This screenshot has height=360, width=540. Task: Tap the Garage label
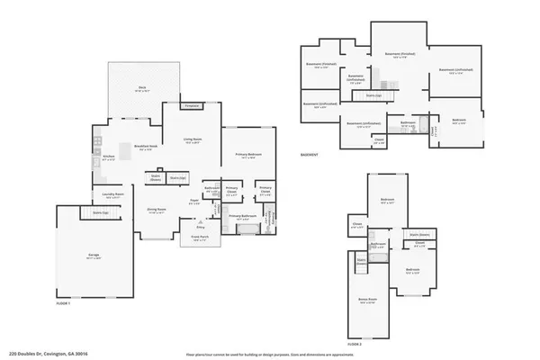click(x=94, y=256)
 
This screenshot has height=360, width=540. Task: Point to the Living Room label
click(x=192, y=140)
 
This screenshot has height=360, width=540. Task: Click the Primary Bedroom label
click(x=247, y=156)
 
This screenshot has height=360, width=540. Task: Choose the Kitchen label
click(x=109, y=156)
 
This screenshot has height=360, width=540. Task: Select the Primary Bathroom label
click(x=242, y=217)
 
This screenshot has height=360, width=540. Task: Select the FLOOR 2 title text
click(x=355, y=343)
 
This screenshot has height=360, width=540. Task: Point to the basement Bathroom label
click(x=408, y=121)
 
